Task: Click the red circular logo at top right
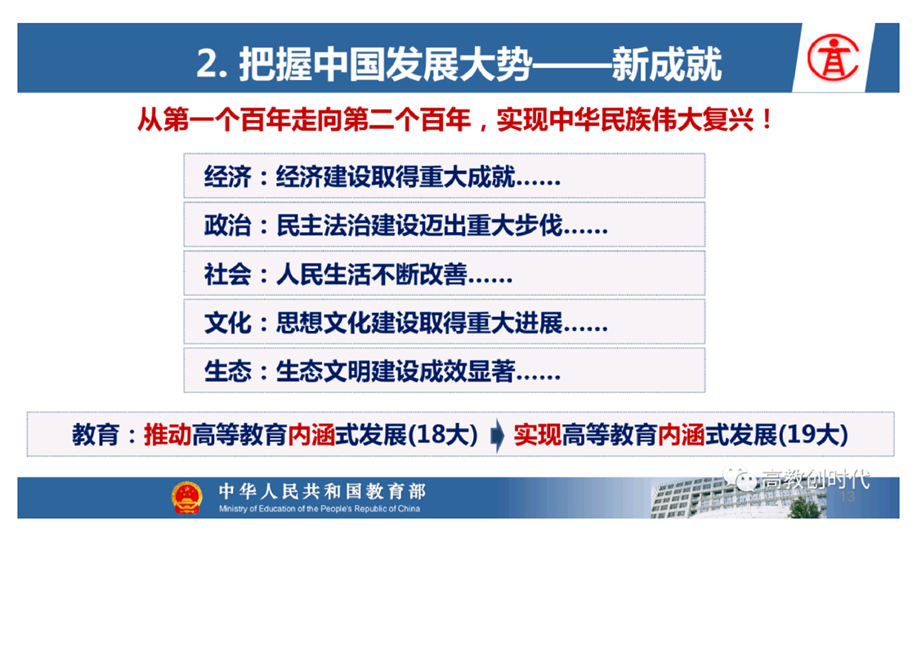coord(833,57)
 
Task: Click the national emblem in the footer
coord(186,498)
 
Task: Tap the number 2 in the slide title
coord(207,64)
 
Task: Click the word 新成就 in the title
coord(667,64)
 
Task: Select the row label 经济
coord(227,177)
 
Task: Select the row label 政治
coord(227,226)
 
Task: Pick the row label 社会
coord(227,274)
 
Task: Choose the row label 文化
coord(227,322)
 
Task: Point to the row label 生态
coord(227,371)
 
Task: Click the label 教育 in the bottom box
coord(96,435)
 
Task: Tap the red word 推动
coord(168,435)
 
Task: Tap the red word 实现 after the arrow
coord(538,435)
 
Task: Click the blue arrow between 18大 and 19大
coord(497,435)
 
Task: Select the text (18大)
coord(443,435)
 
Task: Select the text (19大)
coord(813,435)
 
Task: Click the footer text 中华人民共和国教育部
coord(322,490)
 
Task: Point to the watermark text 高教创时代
coord(815,480)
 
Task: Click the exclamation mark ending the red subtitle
coord(767,120)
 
